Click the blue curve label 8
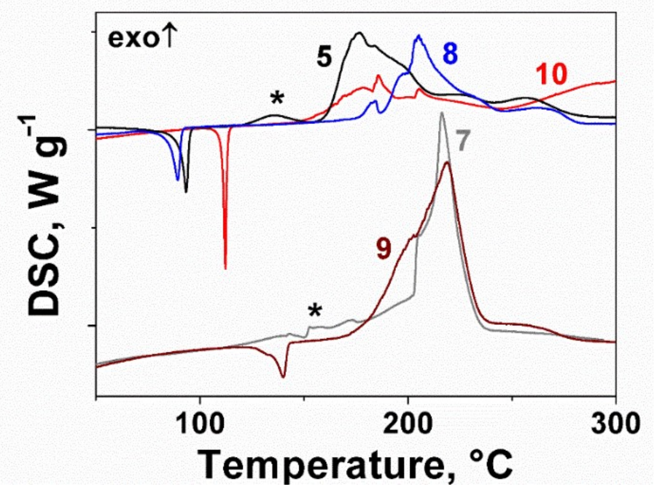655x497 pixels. [x=450, y=53]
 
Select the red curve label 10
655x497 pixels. [x=551, y=74]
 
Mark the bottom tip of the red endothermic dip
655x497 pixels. [x=225, y=268]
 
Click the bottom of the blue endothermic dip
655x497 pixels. [x=178, y=180]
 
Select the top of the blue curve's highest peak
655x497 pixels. [x=419, y=36]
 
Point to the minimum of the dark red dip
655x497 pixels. [x=283, y=377]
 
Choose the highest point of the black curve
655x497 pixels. [x=359, y=33]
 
